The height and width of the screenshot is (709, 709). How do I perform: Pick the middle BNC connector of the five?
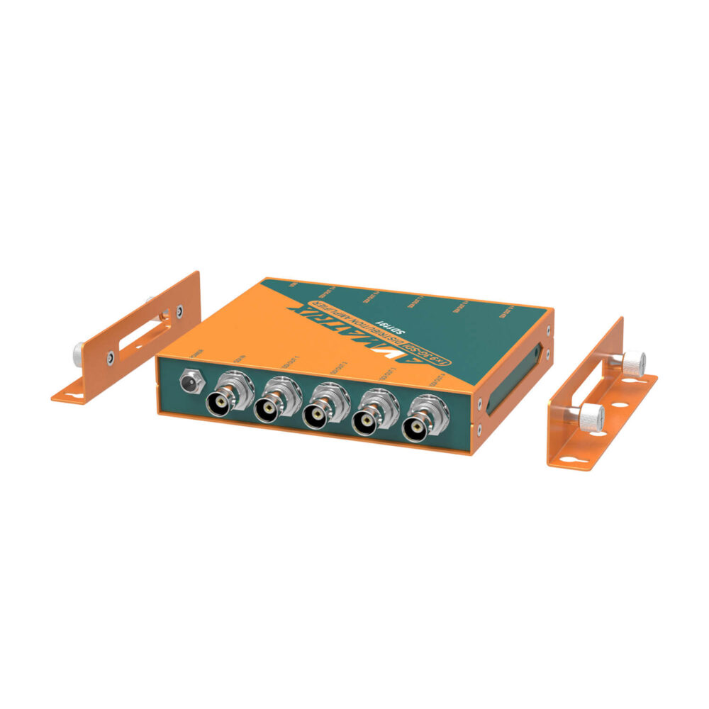318,412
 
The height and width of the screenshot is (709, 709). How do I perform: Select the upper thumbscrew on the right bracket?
632,363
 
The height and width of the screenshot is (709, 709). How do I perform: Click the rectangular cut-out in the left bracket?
142,333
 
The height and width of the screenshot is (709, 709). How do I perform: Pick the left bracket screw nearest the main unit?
179,310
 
